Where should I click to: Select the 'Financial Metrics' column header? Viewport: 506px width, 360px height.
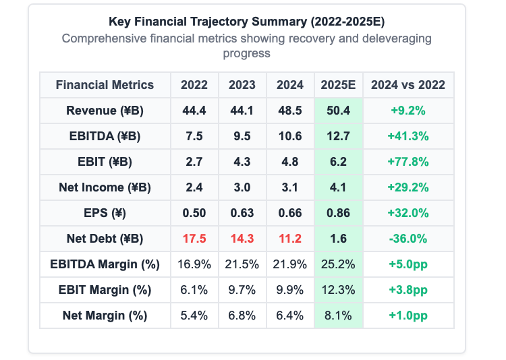click(x=105, y=85)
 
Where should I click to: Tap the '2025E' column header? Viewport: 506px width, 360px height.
click(x=338, y=85)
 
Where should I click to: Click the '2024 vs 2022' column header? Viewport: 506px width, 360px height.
click(x=408, y=85)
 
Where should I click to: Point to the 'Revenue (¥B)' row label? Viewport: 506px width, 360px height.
click(x=105, y=111)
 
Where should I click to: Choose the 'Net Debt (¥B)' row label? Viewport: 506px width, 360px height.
click(x=105, y=239)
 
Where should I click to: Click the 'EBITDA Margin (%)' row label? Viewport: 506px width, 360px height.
click(x=105, y=264)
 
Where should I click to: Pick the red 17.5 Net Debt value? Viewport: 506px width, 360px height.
click(x=194, y=239)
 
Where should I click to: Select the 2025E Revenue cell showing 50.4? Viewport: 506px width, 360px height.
click(x=338, y=111)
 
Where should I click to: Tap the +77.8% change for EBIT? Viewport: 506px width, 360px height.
click(x=408, y=162)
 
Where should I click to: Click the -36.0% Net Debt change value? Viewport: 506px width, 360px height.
click(x=408, y=239)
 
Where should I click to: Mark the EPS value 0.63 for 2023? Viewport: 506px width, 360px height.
click(x=242, y=213)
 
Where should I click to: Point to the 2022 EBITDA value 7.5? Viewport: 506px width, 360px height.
click(x=194, y=136)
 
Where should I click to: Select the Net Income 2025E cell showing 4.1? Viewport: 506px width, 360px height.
click(x=338, y=187)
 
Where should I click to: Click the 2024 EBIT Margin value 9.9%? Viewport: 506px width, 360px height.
click(x=290, y=290)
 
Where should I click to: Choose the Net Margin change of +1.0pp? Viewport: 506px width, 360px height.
click(x=408, y=316)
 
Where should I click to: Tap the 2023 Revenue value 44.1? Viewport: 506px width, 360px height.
click(x=242, y=111)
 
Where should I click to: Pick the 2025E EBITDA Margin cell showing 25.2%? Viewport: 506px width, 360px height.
click(x=338, y=264)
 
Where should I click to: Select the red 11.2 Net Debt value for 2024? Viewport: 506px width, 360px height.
click(x=290, y=239)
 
